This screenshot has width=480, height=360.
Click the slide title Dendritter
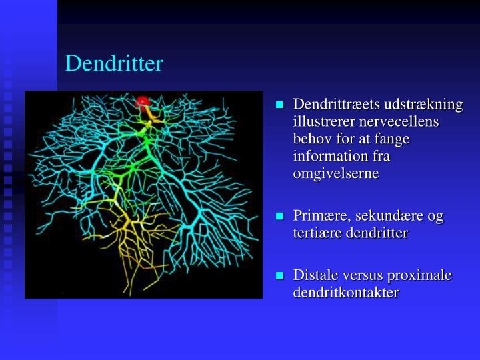114,64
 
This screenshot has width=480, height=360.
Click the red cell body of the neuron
142,101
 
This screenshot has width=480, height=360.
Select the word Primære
321,216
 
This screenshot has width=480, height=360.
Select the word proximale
421,275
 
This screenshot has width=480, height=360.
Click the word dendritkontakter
346,293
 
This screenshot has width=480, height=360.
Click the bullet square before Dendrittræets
280,105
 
